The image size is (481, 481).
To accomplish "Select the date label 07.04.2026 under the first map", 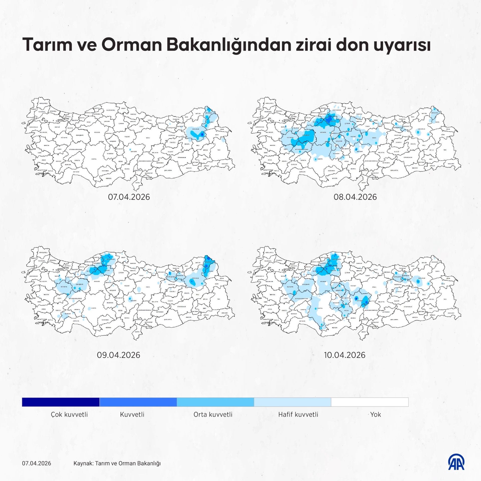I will click(x=129, y=197).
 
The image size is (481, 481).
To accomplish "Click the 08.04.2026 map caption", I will click(x=355, y=197).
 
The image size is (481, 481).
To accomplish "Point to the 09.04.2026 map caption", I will click(x=118, y=355).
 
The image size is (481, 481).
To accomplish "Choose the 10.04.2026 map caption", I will click(x=344, y=355).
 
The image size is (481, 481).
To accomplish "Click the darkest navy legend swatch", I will click(x=61, y=402).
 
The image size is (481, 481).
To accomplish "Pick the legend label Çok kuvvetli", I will click(x=69, y=414).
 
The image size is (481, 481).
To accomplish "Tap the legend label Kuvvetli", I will click(x=132, y=414).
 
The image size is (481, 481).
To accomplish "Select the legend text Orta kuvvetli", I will click(x=213, y=414).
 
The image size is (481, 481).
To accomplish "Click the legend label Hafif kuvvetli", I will click(x=298, y=414).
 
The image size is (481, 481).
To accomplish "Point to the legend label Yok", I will click(x=375, y=414).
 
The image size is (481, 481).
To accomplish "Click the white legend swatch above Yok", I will click(x=370, y=402).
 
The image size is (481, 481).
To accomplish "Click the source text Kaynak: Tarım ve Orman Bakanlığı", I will click(x=117, y=463).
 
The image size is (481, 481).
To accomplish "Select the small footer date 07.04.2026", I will click(x=36, y=463).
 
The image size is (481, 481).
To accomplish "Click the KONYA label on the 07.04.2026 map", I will click(x=94, y=159).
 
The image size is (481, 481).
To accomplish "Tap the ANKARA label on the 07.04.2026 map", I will click(x=97, y=132).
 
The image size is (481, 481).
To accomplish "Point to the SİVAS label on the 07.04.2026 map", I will click(x=148, y=138).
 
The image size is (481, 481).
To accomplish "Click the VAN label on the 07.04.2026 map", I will click(x=219, y=150).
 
